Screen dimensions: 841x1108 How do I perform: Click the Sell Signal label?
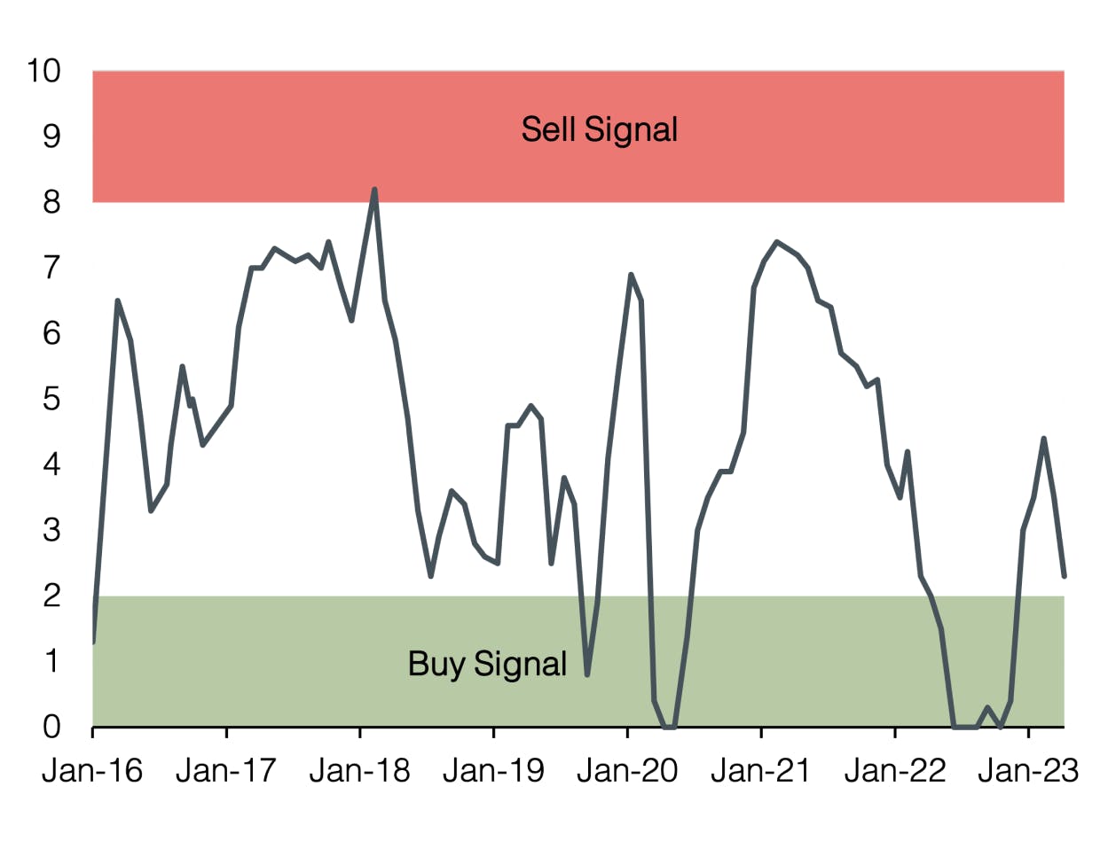pyautogui.click(x=599, y=129)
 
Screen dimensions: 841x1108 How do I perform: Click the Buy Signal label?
pyautogui.click(x=487, y=663)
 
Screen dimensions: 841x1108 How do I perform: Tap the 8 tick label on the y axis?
pyautogui.click(x=51, y=202)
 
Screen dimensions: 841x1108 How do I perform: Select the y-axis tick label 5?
pyautogui.click(x=51, y=399)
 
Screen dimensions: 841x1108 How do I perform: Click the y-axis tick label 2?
pyautogui.click(x=51, y=596)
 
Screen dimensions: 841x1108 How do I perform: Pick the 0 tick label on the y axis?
pyautogui.click(x=51, y=727)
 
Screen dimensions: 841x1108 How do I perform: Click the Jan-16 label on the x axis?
pyautogui.click(x=92, y=771)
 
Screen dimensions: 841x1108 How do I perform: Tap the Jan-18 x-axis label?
pyautogui.click(x=360, y=771)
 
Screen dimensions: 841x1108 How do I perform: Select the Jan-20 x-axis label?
pyautogui.click(x=627, y=771)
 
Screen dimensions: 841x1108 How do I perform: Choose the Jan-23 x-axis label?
pyautogui.click(x=1028, y=771)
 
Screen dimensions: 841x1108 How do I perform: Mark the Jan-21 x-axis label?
pyautogui.click(x=761, y=771)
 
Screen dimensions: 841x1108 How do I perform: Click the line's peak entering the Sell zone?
pyautogui.click(x=374, y=190)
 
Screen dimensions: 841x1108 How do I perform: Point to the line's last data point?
pyautogui.click(x=1064, y=576)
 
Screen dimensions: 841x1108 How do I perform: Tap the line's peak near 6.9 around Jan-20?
pyautogui.click(x=631, y=275)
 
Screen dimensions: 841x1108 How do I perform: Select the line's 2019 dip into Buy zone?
pyautogui.click(x=587, y=674)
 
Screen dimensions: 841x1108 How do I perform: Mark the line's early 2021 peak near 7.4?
pyautogui.click(x=776, y=242)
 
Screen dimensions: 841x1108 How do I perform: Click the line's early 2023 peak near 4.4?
pyautogui.click(x=1043, y=439)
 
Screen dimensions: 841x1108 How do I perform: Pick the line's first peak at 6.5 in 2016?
pyautogui.click(x=117, y=301)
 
